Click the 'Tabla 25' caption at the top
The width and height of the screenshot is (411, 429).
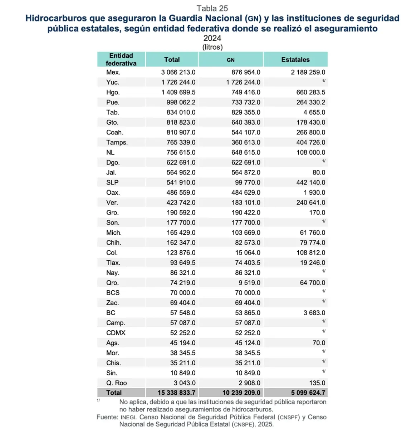[x=212, y=9]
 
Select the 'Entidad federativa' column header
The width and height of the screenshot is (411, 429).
[x=121, y=59]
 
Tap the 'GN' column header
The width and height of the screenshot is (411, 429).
[x=231, y=60]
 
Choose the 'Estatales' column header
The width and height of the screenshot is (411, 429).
[x=295, y=60]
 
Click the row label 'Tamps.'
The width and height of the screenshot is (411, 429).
[x=117, y=142]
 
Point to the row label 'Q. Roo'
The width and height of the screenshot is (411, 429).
[x=116, y=383]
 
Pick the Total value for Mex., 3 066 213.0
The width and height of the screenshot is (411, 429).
[x=178, y=72]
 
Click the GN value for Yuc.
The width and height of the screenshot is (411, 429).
[x=243, y=82]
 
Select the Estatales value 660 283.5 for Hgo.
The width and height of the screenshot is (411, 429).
[x=310, y=92]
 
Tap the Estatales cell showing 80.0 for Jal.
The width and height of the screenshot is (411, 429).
[x=318, y=172]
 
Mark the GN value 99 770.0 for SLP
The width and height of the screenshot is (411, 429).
[x=248, y=182]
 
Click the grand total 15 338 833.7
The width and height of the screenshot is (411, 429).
[x=176, y=393]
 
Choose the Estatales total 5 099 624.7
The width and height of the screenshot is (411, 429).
[x=308, y=393]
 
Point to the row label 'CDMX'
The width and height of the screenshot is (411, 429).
[x=116, y=333]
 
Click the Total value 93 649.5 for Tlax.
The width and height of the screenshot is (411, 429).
[x=183, y=263]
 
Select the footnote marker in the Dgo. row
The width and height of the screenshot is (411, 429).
[x=323, y=161]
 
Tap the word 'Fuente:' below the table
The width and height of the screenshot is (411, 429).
[x=107, y=417]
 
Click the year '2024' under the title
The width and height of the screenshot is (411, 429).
[x=212, y=38]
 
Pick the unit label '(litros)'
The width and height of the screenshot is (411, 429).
[x=212, y=47]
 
